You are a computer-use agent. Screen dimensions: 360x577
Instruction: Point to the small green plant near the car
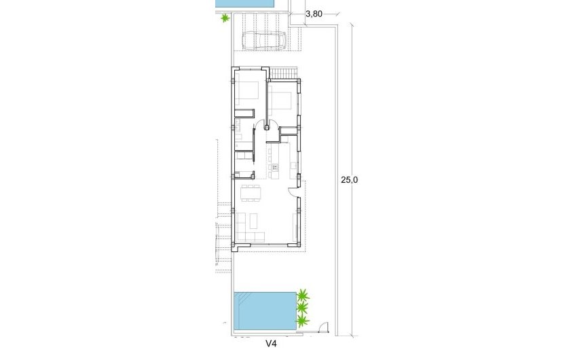coord(225,18)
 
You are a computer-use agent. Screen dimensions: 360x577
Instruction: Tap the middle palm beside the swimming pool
coord(301,308)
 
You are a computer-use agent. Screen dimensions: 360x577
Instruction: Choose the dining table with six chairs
coord(251,193)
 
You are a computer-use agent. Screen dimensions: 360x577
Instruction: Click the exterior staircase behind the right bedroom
coord(288,73)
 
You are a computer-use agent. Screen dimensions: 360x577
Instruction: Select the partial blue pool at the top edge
coord(245,3)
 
